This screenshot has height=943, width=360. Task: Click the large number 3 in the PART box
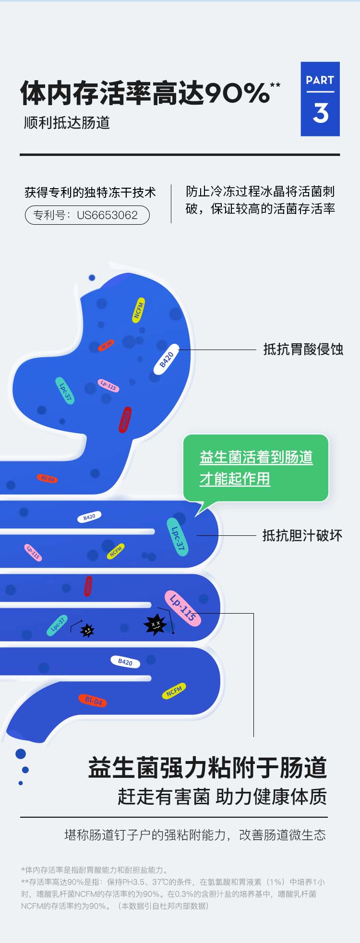pyautogui.click(x=321, y=113)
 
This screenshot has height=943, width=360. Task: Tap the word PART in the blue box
pyautogui.click(x=320, y=80)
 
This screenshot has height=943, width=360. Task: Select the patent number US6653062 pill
pyautogui.click(x=87, y=215)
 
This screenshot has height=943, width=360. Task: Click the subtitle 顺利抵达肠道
pyautogui.click(x=67, y=123)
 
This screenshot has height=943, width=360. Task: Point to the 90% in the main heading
pyautogui.click(x=237, y=93)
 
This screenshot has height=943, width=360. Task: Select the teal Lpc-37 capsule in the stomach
pyautogui.click(x=65, y=391)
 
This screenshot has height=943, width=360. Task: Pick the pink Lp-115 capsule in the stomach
pyautogui.click(x=108, y=385)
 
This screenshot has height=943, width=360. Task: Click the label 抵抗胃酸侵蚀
pyautogui.click(x=303, y=349)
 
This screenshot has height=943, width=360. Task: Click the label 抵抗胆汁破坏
pyautogui.click(x=302, y=535)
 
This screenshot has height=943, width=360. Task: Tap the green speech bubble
pyautogui.click(x=256, y=468)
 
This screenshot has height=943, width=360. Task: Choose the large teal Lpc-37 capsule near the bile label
pyautogui.click(x=177, y=537)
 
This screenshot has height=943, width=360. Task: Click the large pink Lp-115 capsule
pyautogui.click(x=183, y=608)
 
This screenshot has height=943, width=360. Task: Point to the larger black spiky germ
pyautogui.click(x=155, y=624)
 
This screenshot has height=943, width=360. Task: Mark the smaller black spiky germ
pyautogui.click(x=87, y=630)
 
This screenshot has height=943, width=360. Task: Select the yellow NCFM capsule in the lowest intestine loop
pyautogui.click(x=174, y=691)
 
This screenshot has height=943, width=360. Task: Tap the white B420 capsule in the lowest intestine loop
pyautogui.click(x=125, y=662)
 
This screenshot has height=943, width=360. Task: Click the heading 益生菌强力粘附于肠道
pyautogui.click(x=207, y=768)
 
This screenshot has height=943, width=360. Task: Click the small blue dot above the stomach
pyautogui.click(x=92, y=278)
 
